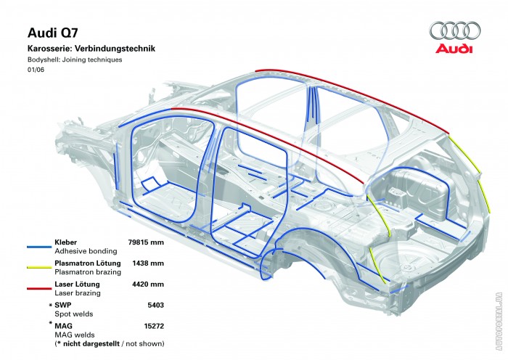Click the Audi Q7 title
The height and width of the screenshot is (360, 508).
pos(53,33)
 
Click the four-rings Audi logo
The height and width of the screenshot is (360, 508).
pos(455,30)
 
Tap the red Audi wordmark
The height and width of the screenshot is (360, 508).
pos(454,49)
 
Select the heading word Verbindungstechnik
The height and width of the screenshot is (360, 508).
pos(115,49)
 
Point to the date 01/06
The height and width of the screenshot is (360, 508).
pos(36,70)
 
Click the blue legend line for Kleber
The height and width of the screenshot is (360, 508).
pos(39,247)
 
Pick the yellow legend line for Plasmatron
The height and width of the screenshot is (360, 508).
pos(39,267)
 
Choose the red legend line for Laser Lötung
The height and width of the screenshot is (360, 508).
pos(39,288)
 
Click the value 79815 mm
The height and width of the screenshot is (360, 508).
pos(146,242)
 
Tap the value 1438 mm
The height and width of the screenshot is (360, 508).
pos(148,263)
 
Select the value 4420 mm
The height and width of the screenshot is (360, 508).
pos(148,285)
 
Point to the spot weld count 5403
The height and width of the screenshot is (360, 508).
pos(156,305)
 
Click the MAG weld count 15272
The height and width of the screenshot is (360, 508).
pos(154,326)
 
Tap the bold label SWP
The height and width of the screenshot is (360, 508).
pos(63,305)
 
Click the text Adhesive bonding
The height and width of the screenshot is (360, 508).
pos(86,251)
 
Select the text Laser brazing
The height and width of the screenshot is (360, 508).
pos(78,293)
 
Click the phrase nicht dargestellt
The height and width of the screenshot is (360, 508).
pos(91,343)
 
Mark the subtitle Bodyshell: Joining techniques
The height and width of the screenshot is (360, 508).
pos(75,60)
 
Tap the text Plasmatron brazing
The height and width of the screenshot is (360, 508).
pos(88,272)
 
